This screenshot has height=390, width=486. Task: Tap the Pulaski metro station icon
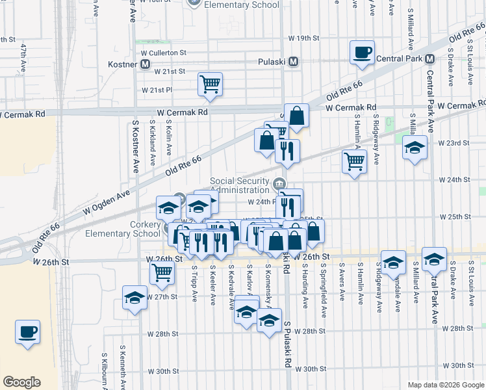pos(294,62)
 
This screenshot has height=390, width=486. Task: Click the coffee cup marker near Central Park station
pos(362,53)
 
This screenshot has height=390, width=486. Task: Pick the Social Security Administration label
pos(240,185)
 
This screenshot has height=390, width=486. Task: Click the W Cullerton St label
pos(165,52)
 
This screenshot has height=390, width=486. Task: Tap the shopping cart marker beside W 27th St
pos(162,274)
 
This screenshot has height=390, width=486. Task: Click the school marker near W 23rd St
pos(415,148)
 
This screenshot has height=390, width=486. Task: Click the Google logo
pos(22,382)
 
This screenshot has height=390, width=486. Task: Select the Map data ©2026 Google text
pos(446,385)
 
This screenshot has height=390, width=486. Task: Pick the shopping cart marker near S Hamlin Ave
pos(354,161)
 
